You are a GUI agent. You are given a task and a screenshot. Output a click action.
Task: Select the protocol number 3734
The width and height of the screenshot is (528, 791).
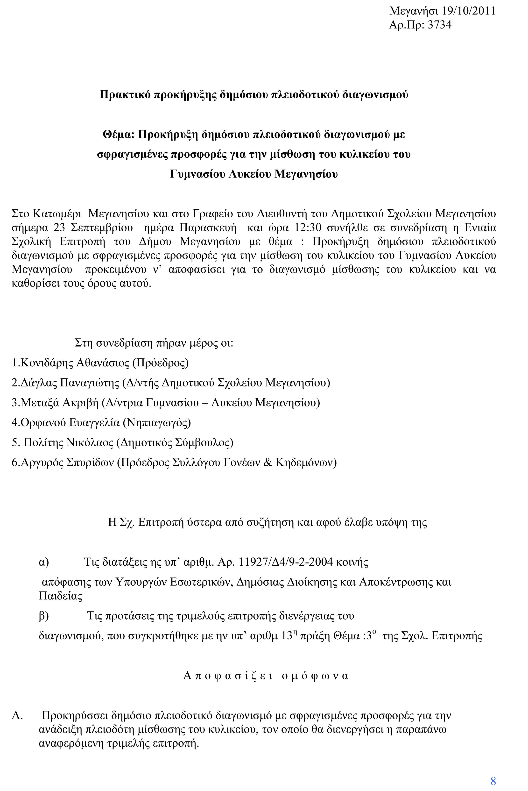click(439, 25)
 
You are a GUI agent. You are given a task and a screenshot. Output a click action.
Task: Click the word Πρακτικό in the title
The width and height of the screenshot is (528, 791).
click(125, 95)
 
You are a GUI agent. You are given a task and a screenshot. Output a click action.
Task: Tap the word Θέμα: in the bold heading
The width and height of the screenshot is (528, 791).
click(119, 135)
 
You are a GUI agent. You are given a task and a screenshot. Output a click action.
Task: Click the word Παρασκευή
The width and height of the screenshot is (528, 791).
click(208, 228)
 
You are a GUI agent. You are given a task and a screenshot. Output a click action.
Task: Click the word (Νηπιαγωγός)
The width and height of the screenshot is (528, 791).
click(157, 422)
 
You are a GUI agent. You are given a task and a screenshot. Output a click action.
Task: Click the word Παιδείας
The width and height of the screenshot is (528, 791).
click(61, 596)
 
